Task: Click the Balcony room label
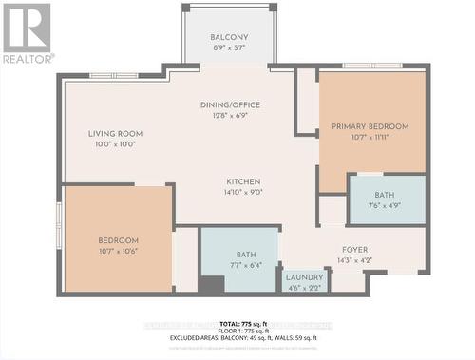pyautogui.click(x=229, y=39)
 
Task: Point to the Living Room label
pyautogui.click(x=115, y=134)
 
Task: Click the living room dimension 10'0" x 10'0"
pyautogui.click(x=115, y=145)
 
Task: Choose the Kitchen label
pyautogui.click(x=243, y=181)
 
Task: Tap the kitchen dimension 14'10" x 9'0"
pyautogui.click(x=243, y=193)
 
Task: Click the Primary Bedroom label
pyautogui.click(x=370, y=126)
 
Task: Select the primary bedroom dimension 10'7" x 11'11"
pyautogui.click(x=370, y=138)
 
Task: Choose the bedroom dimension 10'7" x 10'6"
pyautogui.click(x=118, y=252)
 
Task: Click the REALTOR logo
pyautogui.click(x=27, y=33)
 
